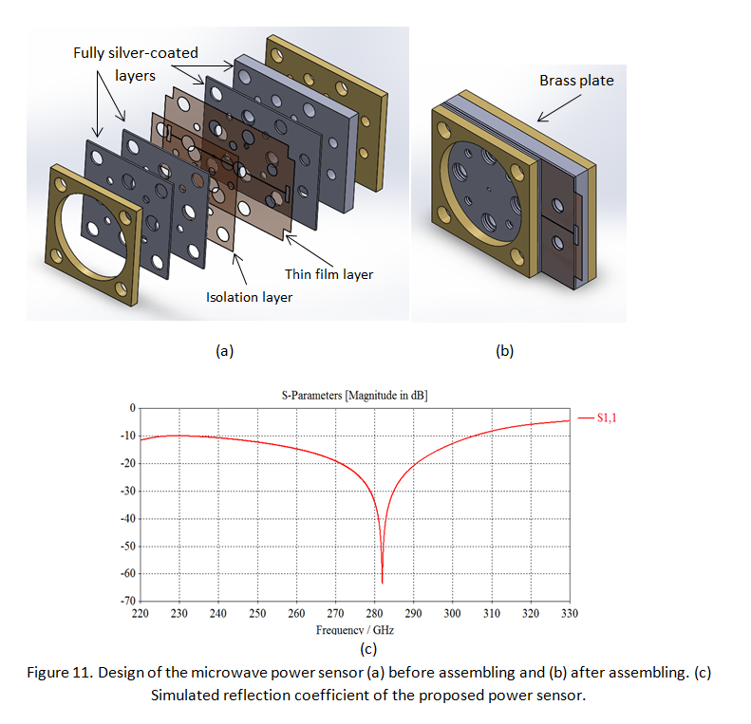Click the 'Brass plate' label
576,81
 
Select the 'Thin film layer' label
329,274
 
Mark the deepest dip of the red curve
382,582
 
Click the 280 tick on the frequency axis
374,614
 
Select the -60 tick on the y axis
126,574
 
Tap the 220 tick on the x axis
140,614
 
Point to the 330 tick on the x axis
570,614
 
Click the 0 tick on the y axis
132,407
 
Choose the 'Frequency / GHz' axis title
355,629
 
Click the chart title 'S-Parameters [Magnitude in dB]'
354,395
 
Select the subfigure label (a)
224,350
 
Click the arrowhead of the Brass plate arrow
538,120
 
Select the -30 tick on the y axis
126,491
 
